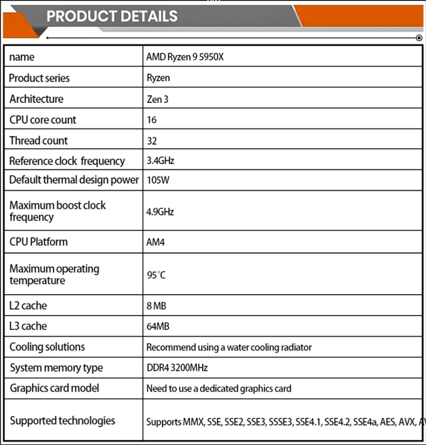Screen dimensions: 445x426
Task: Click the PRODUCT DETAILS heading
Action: point(112,16)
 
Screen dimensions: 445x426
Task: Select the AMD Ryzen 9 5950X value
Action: point(185,57)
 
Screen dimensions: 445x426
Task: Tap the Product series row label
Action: point(40,78)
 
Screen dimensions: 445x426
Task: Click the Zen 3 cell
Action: point(158,99)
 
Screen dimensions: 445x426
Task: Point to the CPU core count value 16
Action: point(151,120)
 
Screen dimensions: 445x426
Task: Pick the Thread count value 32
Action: point(151,140)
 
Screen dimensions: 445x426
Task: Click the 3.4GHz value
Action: point(161,161)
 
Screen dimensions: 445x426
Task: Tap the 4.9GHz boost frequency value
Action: point(161,211)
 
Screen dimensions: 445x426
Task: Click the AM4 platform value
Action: point(156,242)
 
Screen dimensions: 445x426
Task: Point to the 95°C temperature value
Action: point(156,275)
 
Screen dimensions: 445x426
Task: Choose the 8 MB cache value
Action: point(156,305)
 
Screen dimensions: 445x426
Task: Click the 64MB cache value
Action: point(158,326)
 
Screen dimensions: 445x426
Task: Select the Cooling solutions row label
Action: point(47,347)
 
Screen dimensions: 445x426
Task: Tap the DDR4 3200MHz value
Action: point(177,368)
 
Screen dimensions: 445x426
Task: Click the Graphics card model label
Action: point(54,388)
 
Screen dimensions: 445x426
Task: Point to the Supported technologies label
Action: point(63,421)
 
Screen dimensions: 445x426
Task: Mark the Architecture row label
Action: point(36,99)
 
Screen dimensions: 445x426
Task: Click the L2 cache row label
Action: point(28,305)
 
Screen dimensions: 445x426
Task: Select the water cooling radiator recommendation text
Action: point(229,347)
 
